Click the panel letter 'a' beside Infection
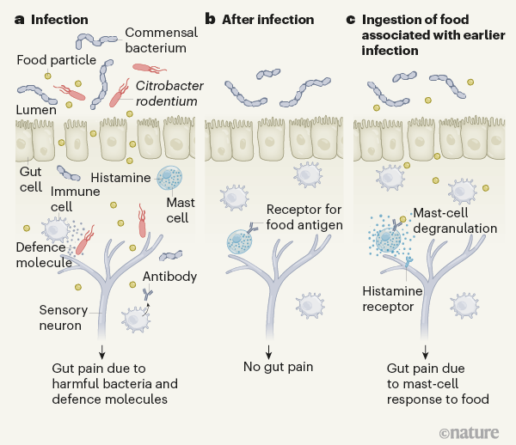pos(21,19)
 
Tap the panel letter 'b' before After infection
pos(209,19)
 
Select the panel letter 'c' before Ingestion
pos(349,19)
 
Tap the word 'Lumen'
pos(37,110)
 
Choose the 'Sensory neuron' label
pos(66,316)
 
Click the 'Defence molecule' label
pos(43,257)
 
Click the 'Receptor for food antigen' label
pos(304,217)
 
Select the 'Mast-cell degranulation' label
pos(452,222)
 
